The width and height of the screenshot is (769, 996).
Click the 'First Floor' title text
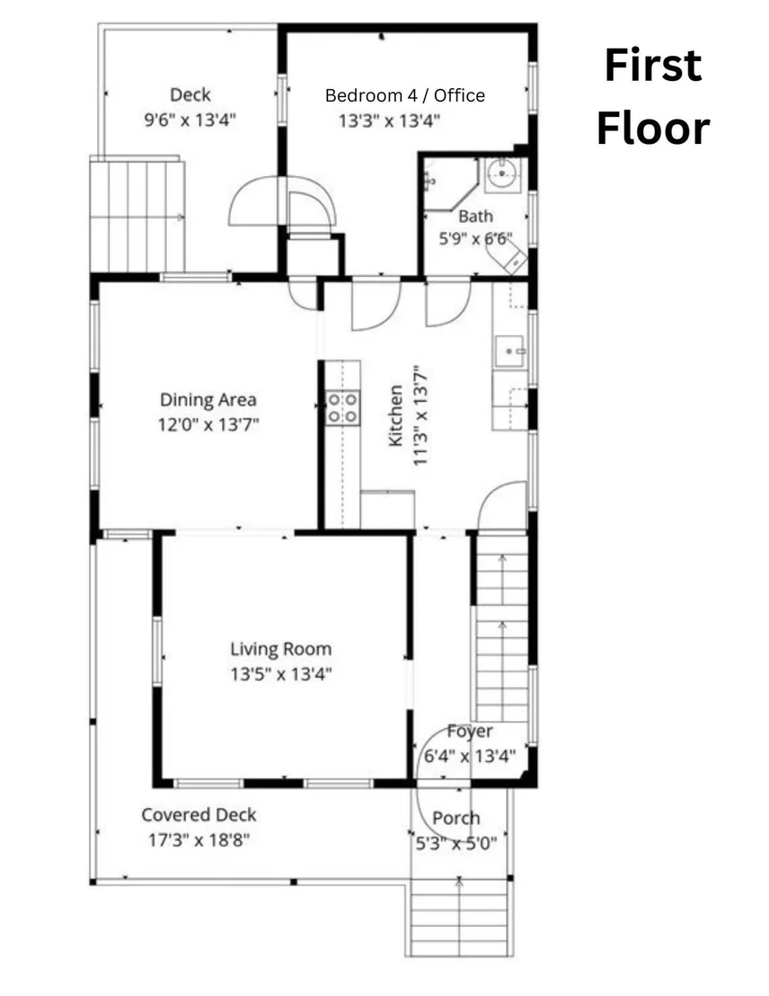(x=653, y=96)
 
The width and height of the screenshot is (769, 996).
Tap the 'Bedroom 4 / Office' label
(x=405, y=95)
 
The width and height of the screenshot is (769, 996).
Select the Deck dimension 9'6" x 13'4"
(x=190, y=120)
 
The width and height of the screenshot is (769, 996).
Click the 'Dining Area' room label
(x=208, y=399)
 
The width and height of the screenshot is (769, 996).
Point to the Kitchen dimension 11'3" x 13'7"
(x=420, y=414)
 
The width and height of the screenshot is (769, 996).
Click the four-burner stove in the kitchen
(x=342, y=408)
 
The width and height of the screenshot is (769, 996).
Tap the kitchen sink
(x=510, y=351)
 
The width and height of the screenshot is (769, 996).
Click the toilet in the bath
(x=508, y=257)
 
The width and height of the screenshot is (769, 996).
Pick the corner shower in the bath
(x=448, y=183)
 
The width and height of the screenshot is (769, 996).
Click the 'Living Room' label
(x=280, y=648)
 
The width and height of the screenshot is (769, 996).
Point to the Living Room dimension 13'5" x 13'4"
(x=281, y=673)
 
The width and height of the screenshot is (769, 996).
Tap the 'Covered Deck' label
(x=199, y=815)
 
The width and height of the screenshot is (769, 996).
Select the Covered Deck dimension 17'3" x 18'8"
(x=199, y=840)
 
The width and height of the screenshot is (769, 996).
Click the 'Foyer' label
(x=470, y=731)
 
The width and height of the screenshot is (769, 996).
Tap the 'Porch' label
(x=456, y=818)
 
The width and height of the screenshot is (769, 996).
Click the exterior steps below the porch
(x=459, y=917)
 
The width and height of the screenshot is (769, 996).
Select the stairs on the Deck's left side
(x=137, y=216)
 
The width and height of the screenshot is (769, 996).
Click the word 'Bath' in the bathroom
(x=475, y=216)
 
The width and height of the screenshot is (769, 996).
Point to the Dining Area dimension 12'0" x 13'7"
(x=208, y=424)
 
